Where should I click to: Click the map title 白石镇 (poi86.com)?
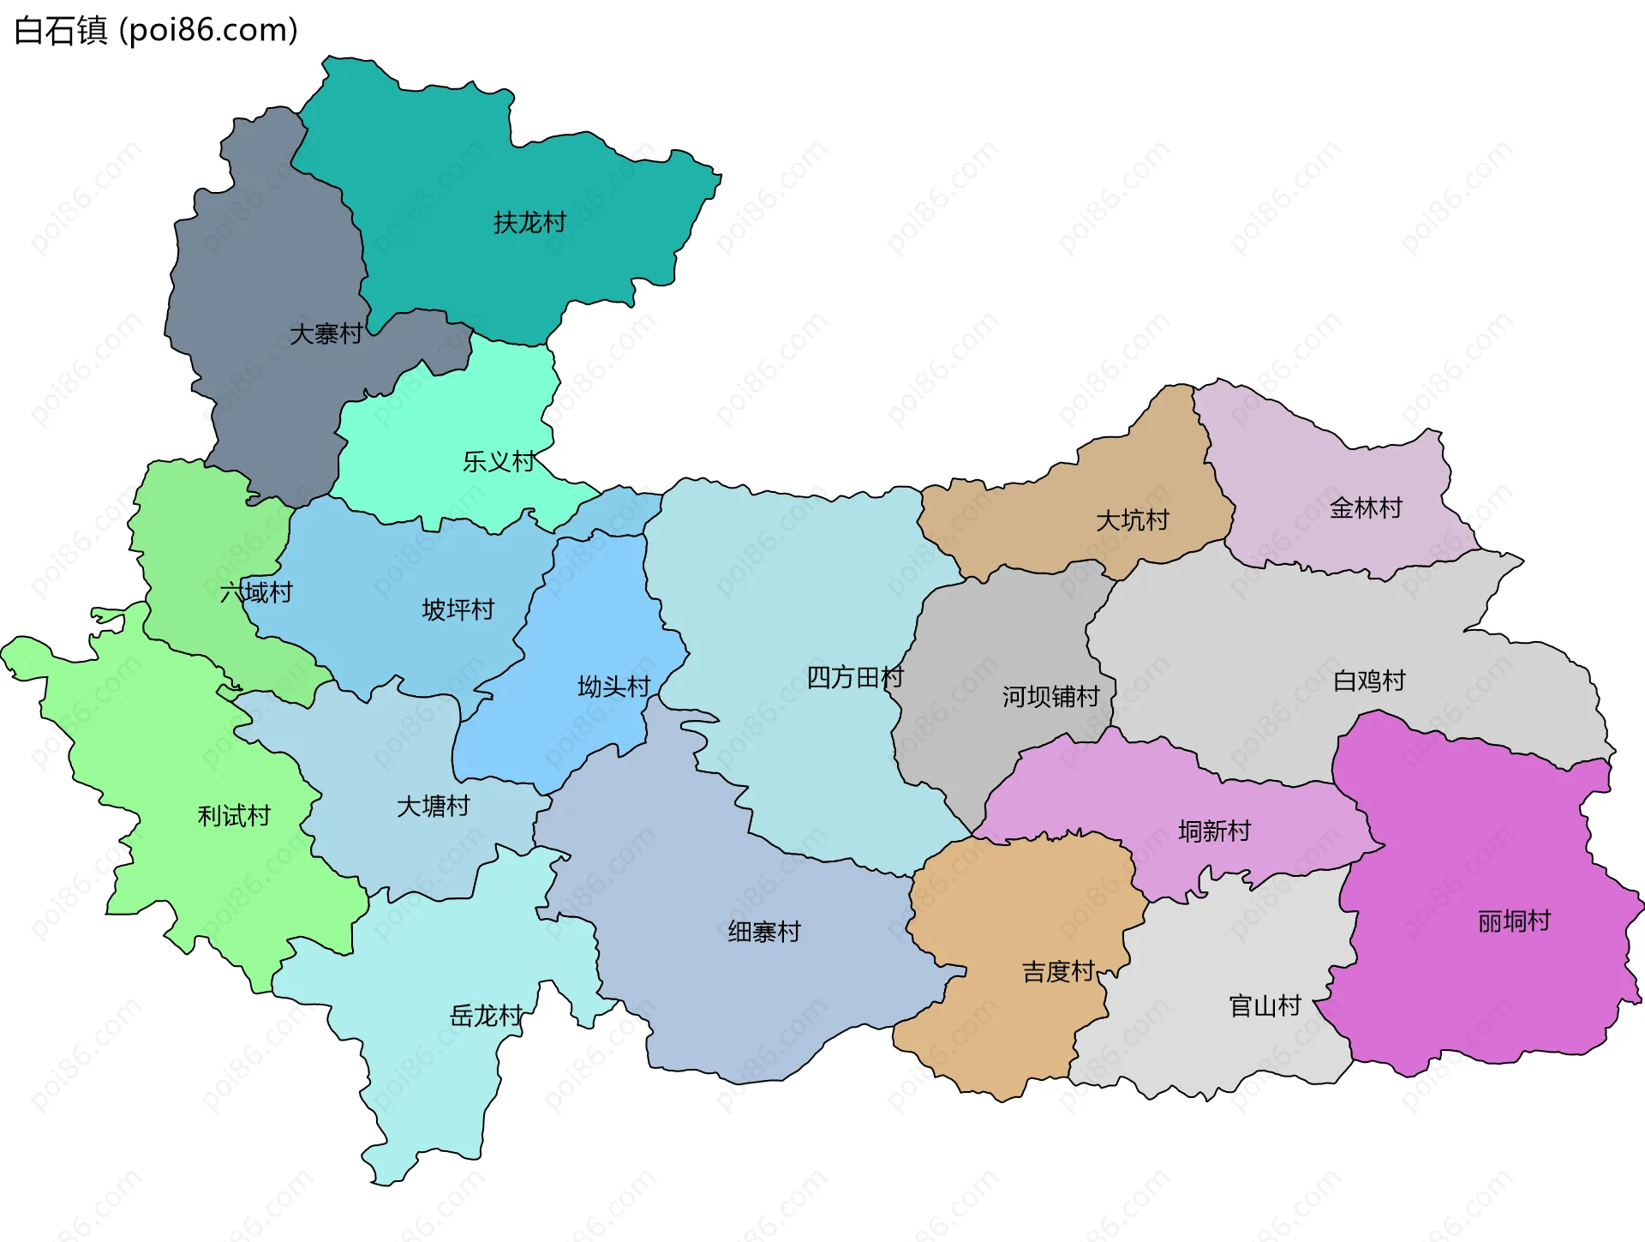click(x=156, y=30)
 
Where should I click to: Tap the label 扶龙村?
click(x=529, y=223)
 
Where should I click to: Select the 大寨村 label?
click(x=326, y=333)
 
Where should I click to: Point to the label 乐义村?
click(x=499, y=462)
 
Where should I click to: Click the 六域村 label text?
click(x=256, y=592)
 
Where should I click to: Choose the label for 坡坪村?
click(x=458, y=609)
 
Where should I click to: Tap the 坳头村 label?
click(x=613, y=687)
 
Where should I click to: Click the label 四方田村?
click(x=855, y=677)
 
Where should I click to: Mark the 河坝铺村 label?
click(x=1050, y=696)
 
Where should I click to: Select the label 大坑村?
click(x=1132, y=520)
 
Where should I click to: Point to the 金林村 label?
click(x=1366, y=508)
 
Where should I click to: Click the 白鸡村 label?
click(x=1369, y=681)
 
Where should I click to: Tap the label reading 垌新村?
click(x=1214, y=831)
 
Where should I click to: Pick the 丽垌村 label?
click(x=1514, y=921)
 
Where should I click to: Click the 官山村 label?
click(x=1265, y=1005)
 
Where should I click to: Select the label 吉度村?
click(x=1058, y=971)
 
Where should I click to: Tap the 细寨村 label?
click(x=764, y=931)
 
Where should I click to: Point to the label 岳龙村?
click(x=486, y=1016)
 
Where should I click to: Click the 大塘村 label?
click(x=434, y=806)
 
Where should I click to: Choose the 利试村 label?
click(x=234, y=815)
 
